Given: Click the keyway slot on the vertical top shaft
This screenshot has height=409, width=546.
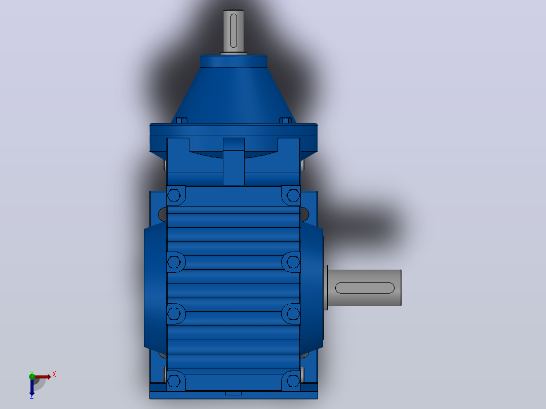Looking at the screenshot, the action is pyautogui.click(x=233, y=30).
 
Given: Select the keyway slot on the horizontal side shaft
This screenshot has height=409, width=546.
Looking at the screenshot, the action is pyautogui.click(x=365, y=288).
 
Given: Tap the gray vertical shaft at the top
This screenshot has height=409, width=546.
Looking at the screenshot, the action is pyautogui.click(x=233, y=31).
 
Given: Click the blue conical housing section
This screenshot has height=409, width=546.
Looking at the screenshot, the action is pyautogui.click(x=233, y=95).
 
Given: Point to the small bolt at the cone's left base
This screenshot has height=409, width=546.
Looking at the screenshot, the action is pyautogui.click(x=182, y=120).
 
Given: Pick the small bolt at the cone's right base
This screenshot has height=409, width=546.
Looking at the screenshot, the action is pyautogui.click(x=285, y=120).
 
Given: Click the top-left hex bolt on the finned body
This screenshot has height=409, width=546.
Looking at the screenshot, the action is pyautogui.click(x=174, y=195).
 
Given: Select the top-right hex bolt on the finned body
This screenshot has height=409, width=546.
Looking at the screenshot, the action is pyautogui.click(x=293, y=195).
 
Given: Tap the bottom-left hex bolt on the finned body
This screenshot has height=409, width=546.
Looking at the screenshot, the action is pyautogui.click(x=174, y=381).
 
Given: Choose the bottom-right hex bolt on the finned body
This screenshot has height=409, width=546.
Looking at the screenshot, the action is pyautogui.click(x=293, y=381).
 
